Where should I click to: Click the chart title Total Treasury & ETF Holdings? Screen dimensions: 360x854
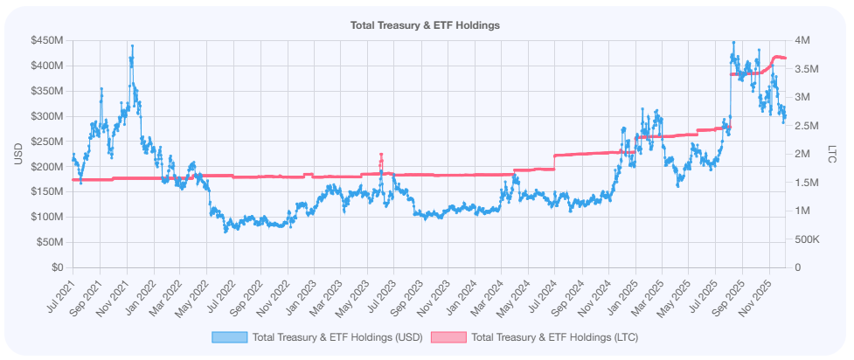[x=425, y=25]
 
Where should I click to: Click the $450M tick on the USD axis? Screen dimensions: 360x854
[x=45, y=40]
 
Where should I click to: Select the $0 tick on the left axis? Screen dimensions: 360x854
[x=56, y=267]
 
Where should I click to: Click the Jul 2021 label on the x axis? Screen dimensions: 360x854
[x=59, y=288]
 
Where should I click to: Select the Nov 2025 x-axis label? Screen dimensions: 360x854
[x=757, y=288]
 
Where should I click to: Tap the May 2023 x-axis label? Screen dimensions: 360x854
[x=354, y=288]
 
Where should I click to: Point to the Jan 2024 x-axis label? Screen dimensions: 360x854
[x=461, y=288]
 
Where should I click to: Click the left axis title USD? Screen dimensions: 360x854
[x=18, y=154]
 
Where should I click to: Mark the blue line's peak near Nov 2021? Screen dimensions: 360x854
[x=132, y=45]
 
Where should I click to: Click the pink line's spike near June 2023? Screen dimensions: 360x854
[x=381, y=155]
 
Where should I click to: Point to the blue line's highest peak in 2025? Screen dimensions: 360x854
[x=733, y=41]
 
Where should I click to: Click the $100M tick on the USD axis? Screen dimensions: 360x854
[x=45, y=217]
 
